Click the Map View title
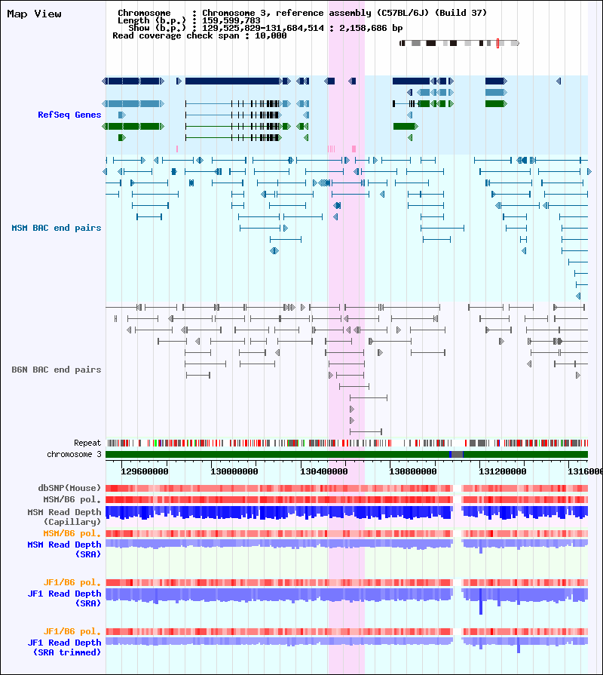(34, 14)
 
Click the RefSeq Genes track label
(69, 115)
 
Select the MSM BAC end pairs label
(57, 228)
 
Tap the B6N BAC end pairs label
(57, 370)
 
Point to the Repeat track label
(87, 443)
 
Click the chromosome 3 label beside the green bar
(74, 454)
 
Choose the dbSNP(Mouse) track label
(69, 488)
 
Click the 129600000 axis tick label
(145, 471)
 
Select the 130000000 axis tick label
(234, 471)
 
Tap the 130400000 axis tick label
(324, 471)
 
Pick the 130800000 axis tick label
(413, 471)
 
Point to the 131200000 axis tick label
(502, 471)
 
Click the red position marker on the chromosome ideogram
(497, 43)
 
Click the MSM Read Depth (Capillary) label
(64, 517)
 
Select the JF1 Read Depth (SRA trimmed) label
(64, 647)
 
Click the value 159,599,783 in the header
(231, 20)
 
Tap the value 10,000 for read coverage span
(271, 35)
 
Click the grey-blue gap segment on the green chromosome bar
(456, 454)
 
